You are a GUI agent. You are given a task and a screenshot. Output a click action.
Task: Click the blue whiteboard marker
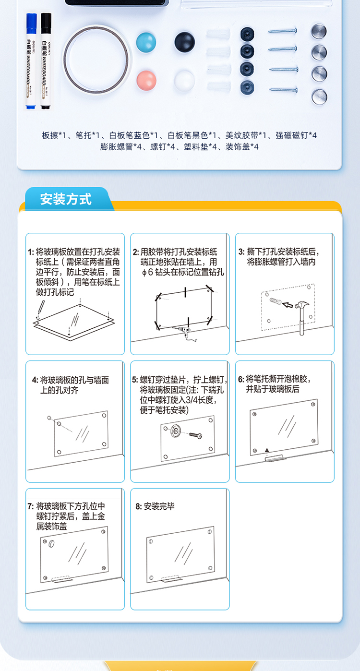31,61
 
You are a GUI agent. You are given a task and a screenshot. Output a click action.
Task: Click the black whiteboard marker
46,61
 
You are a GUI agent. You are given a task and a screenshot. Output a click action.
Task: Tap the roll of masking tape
96,60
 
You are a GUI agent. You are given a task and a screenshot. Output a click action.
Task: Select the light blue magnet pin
146,42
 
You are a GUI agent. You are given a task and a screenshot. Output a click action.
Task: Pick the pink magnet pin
146,80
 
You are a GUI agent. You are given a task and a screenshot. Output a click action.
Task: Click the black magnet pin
184,42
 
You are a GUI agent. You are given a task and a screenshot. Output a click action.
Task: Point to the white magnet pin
184,81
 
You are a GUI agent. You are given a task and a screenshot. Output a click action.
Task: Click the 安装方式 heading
66,199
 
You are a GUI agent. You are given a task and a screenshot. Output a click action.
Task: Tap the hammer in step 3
301,318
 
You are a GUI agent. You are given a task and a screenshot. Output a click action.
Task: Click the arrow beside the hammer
288,305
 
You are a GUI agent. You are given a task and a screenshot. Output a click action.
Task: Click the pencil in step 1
40,309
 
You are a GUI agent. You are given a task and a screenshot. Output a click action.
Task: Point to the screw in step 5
195,435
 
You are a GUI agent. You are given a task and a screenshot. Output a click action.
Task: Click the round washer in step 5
176,431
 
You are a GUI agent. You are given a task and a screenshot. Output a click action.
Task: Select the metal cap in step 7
51,544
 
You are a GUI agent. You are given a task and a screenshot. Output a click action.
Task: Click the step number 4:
35,380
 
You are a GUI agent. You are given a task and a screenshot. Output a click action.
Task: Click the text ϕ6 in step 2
148,272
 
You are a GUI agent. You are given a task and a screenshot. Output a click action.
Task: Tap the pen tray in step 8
171,580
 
